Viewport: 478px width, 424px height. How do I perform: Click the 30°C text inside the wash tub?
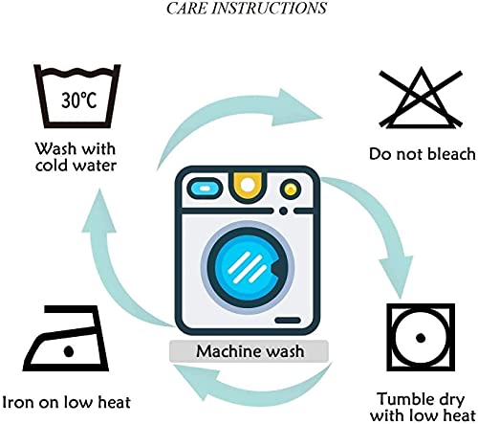[x=79, y=100]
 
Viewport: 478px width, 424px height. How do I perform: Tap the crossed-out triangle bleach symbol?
[x=421, y=98]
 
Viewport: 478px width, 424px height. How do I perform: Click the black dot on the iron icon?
[x=69, y=351]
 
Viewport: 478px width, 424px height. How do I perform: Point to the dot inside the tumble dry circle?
[x=421, y=337]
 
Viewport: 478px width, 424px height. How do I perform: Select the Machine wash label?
[x=250, y=351]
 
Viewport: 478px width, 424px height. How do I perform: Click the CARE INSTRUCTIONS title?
[x=247, y=9]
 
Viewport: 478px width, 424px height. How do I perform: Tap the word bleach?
[x=451, y=154]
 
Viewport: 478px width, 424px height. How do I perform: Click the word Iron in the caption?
[x=17, y=402]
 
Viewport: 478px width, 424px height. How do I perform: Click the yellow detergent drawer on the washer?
[x=248, y=186]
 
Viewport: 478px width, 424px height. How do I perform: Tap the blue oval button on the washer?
[x=205, y=189]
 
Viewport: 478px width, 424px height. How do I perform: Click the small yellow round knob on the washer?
[x=290, y=190]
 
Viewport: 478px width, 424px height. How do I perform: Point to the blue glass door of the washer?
[x=247, y=266]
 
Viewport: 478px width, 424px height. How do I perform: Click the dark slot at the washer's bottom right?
[x=288, y=321]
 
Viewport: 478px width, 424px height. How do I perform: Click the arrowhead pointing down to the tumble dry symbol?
[x=395, y=275]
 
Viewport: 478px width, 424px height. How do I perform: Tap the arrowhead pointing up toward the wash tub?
[x=99, y=211]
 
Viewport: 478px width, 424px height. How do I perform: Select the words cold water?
[x=76, y=166]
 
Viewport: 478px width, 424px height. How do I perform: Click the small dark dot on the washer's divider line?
[x=283, y=211]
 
